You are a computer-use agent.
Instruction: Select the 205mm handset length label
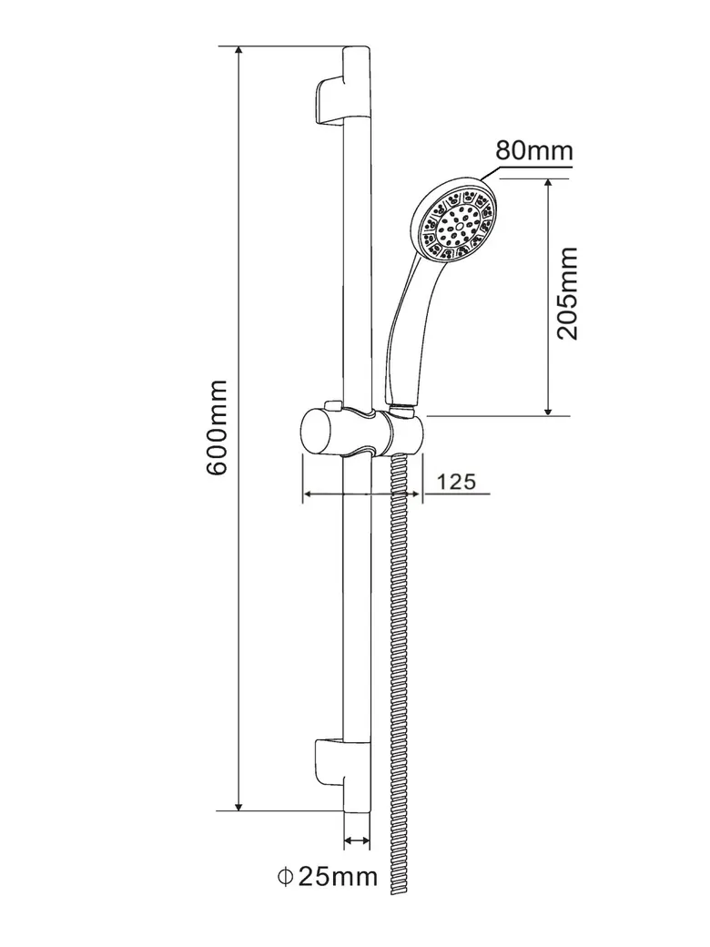tap(568, 292)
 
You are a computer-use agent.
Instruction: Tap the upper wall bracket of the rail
tap(329, 99)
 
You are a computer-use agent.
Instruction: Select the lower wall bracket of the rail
tap(329, 759)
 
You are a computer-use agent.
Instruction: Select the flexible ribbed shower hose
tap(398, 683)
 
